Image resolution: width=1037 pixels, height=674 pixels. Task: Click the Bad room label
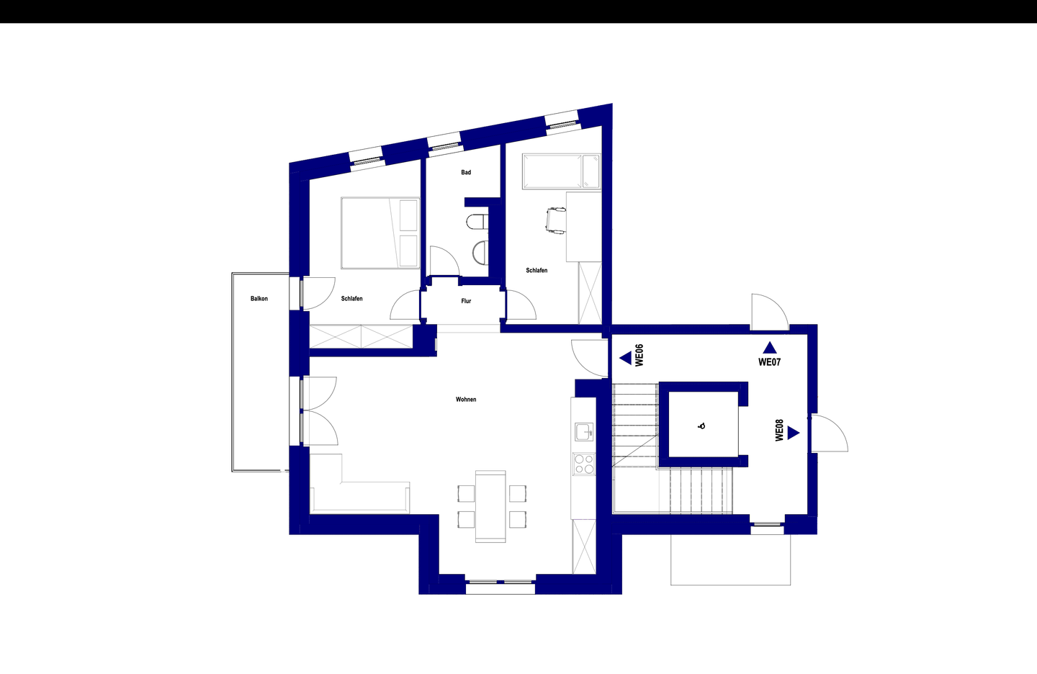(x=466, y=172)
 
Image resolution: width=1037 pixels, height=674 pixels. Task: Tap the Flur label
(x=466, y=301)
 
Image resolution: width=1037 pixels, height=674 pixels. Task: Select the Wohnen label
(x=466, y=399)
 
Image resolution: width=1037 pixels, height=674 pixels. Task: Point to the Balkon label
(x=259, y=299)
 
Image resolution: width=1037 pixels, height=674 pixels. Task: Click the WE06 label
(x=639, y=356)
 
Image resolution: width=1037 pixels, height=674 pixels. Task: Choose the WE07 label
(x=769, y=362)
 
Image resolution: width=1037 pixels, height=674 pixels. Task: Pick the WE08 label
(x=780, y=430)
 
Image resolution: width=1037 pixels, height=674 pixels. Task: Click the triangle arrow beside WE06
(x=625, y=358)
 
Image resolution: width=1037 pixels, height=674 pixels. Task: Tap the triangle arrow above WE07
(x=769, y=348)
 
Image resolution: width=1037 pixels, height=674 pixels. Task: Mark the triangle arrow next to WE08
(x=794, y=433)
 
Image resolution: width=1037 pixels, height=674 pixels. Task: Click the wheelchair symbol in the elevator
(x=702, y=426)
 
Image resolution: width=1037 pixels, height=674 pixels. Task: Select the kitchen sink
(x=584, y=432)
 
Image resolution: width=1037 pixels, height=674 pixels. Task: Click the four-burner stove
(x=584, y=464)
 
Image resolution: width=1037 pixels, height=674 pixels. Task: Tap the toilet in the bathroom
(x=477, y=223)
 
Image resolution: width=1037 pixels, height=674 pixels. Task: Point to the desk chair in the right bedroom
(x=556, y=222)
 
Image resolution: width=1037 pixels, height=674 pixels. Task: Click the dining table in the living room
(x=490, y=506)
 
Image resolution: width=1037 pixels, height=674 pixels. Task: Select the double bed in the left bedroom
(x=380, y=233)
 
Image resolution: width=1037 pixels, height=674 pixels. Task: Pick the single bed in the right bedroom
(x=562, y=171)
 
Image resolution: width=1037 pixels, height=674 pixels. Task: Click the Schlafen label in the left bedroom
(x=352, y=299)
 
